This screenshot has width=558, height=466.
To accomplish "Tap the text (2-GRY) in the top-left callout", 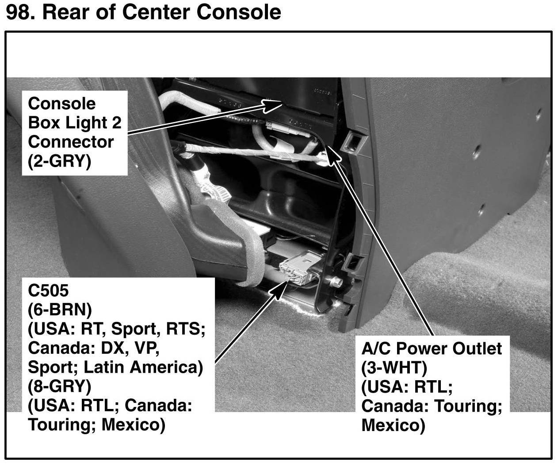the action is [x=60, y=161].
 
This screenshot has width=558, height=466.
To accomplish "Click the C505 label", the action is [x=48, y=291].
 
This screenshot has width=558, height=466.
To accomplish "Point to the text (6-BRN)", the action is [x=60, y=310].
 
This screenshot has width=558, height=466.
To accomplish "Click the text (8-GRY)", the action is [x=60, y=386].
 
